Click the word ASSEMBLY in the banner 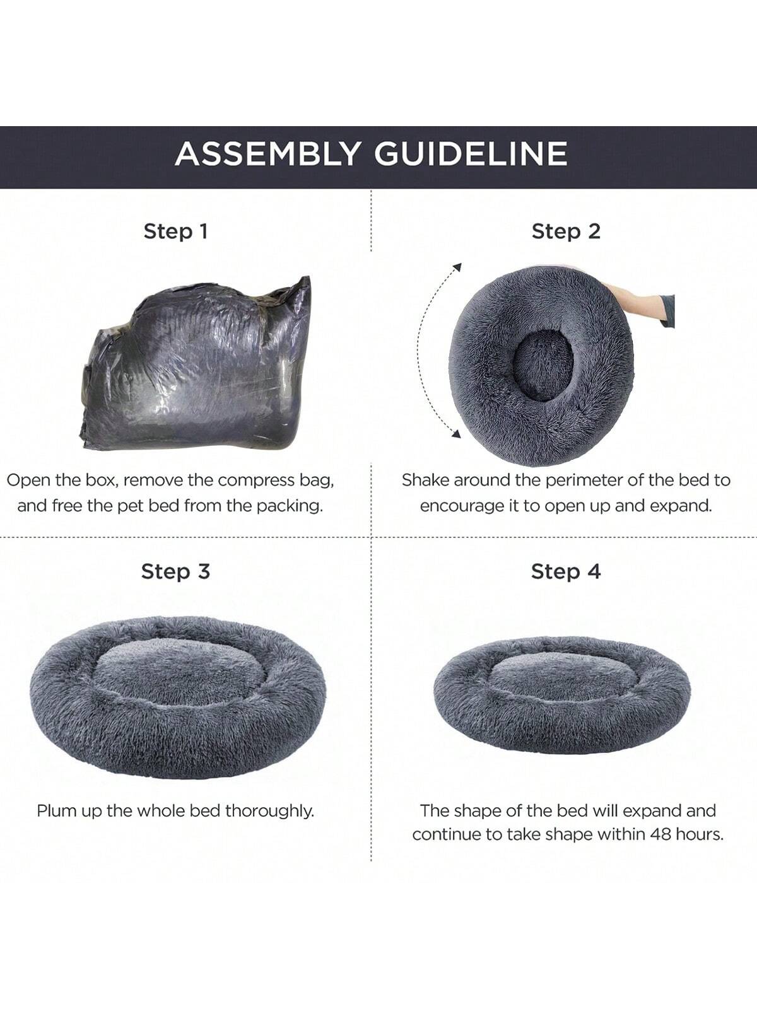267,153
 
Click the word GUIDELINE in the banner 471,153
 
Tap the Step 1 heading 175,231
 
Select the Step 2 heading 566,231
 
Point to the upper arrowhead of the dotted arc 457,268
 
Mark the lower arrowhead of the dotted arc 456,433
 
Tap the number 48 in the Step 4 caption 662,834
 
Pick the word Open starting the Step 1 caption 28,481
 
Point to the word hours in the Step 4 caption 700,834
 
